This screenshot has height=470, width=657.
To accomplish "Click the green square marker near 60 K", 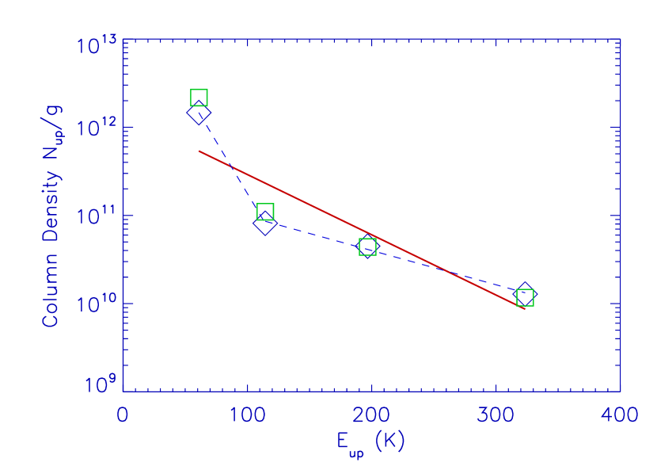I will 199,98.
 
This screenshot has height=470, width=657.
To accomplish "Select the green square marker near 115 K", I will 265,212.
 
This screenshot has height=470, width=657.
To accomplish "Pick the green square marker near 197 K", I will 367,247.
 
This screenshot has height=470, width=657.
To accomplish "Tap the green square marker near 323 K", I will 525,298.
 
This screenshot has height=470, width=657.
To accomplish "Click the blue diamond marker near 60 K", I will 199,113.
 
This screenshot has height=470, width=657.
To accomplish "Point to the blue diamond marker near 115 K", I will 265,224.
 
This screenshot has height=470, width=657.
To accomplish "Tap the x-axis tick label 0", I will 123,415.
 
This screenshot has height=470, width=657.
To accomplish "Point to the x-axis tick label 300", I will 496,415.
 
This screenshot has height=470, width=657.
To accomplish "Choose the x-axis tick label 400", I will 621,415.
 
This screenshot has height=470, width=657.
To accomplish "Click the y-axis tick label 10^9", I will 97,387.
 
